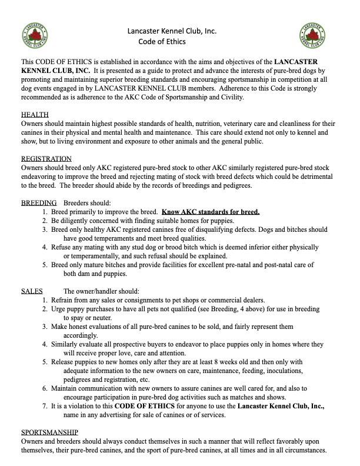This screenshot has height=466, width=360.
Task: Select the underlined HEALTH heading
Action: tap(35, 114)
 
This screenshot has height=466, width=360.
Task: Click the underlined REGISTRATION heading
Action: tap(46, 159)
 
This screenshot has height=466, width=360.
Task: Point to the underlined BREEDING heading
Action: tap(39, 202)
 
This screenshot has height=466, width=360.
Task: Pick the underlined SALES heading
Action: tap(32, 291)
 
